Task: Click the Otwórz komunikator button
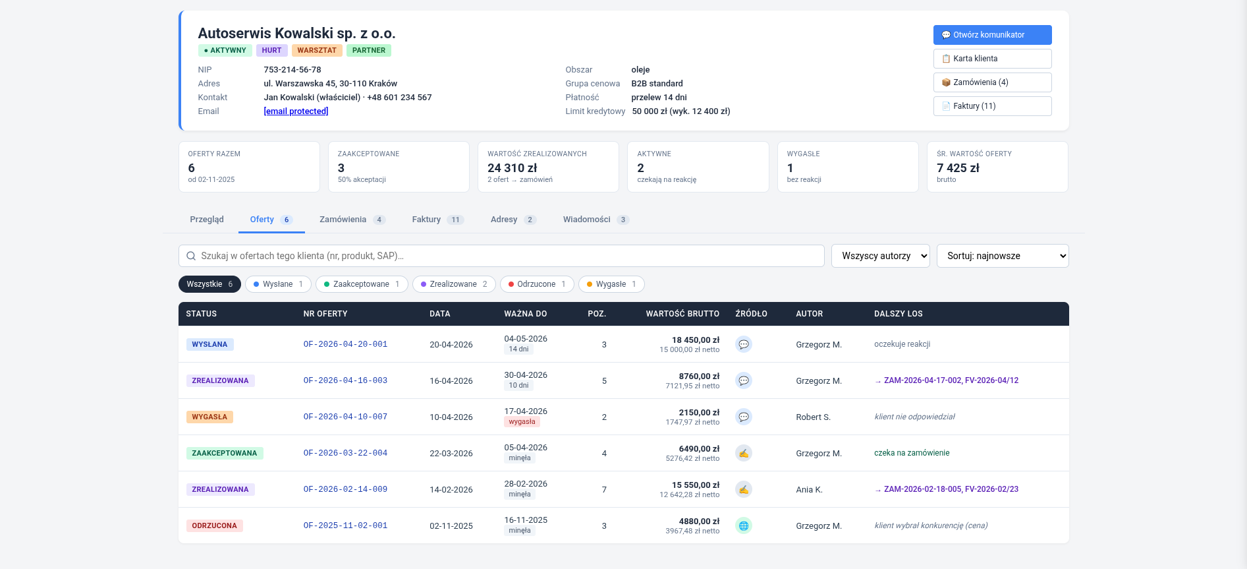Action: point(992,35)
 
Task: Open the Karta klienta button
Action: point(992,59)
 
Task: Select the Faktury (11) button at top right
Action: point(992,106)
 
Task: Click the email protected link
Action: point(296,111)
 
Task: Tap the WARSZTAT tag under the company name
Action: point(317,50)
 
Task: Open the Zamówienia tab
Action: point(352,220)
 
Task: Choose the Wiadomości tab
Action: point(596,220)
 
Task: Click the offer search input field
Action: point(501,256)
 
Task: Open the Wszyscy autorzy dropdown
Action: point(881,256)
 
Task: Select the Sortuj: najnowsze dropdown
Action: point(1003,256)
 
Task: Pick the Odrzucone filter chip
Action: point(537,284)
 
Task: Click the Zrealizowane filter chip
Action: point(454,284)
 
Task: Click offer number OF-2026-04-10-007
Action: point(345,417)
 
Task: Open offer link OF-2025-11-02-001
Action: point(345,525)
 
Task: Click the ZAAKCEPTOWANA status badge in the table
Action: point(225,453)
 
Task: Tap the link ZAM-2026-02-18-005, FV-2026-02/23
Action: point(951,489)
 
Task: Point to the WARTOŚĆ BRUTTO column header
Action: point(682,314)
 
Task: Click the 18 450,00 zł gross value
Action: point(696,340)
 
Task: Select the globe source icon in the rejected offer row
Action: point(744,525)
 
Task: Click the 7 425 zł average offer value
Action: point(958,168)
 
